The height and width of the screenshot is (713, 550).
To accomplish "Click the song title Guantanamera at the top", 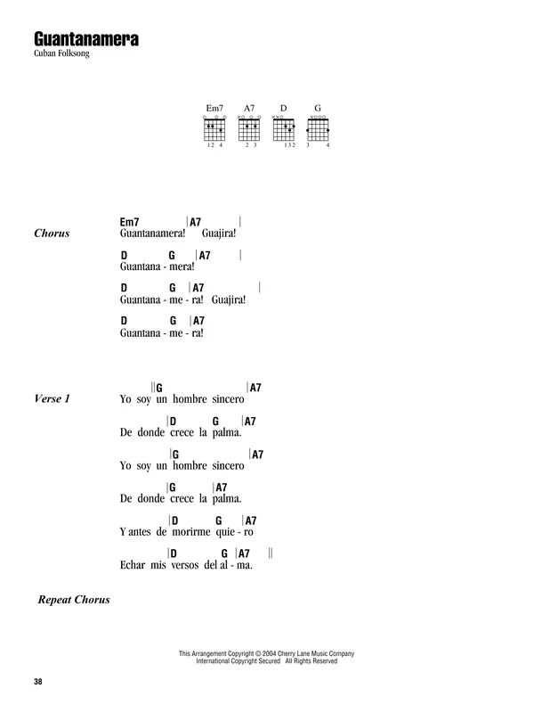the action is tap(86, 39).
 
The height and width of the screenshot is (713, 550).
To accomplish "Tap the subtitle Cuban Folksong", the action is tap(61, 53).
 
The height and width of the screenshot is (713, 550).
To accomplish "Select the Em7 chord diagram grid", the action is tap(214, 129).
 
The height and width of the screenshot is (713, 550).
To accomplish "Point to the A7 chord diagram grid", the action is tap(249, 129).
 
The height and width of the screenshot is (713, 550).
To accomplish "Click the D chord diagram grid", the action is tap(284, 129).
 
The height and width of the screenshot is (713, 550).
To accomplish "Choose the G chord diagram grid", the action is tap(318, 129).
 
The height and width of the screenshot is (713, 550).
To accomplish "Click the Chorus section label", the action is tap(52, 234).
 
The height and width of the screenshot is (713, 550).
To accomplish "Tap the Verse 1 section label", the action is tap(53, 398).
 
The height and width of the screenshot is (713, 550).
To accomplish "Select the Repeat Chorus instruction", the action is tap(74, 599).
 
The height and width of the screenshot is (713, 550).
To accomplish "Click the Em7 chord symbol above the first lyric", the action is tap(129, 222).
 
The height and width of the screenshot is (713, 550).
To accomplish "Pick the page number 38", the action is tap(37, 681).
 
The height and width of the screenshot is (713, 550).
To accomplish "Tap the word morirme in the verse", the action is tap(191, 532).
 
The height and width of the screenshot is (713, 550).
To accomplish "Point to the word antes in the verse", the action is tap(140, 532).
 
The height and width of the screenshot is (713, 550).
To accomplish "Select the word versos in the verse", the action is tap(185, 565).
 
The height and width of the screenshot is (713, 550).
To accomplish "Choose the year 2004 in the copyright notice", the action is tap(270, 653).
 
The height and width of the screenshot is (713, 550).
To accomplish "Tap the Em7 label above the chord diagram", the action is tap(214, 108).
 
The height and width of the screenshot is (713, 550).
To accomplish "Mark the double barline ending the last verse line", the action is tap(271, 553).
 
